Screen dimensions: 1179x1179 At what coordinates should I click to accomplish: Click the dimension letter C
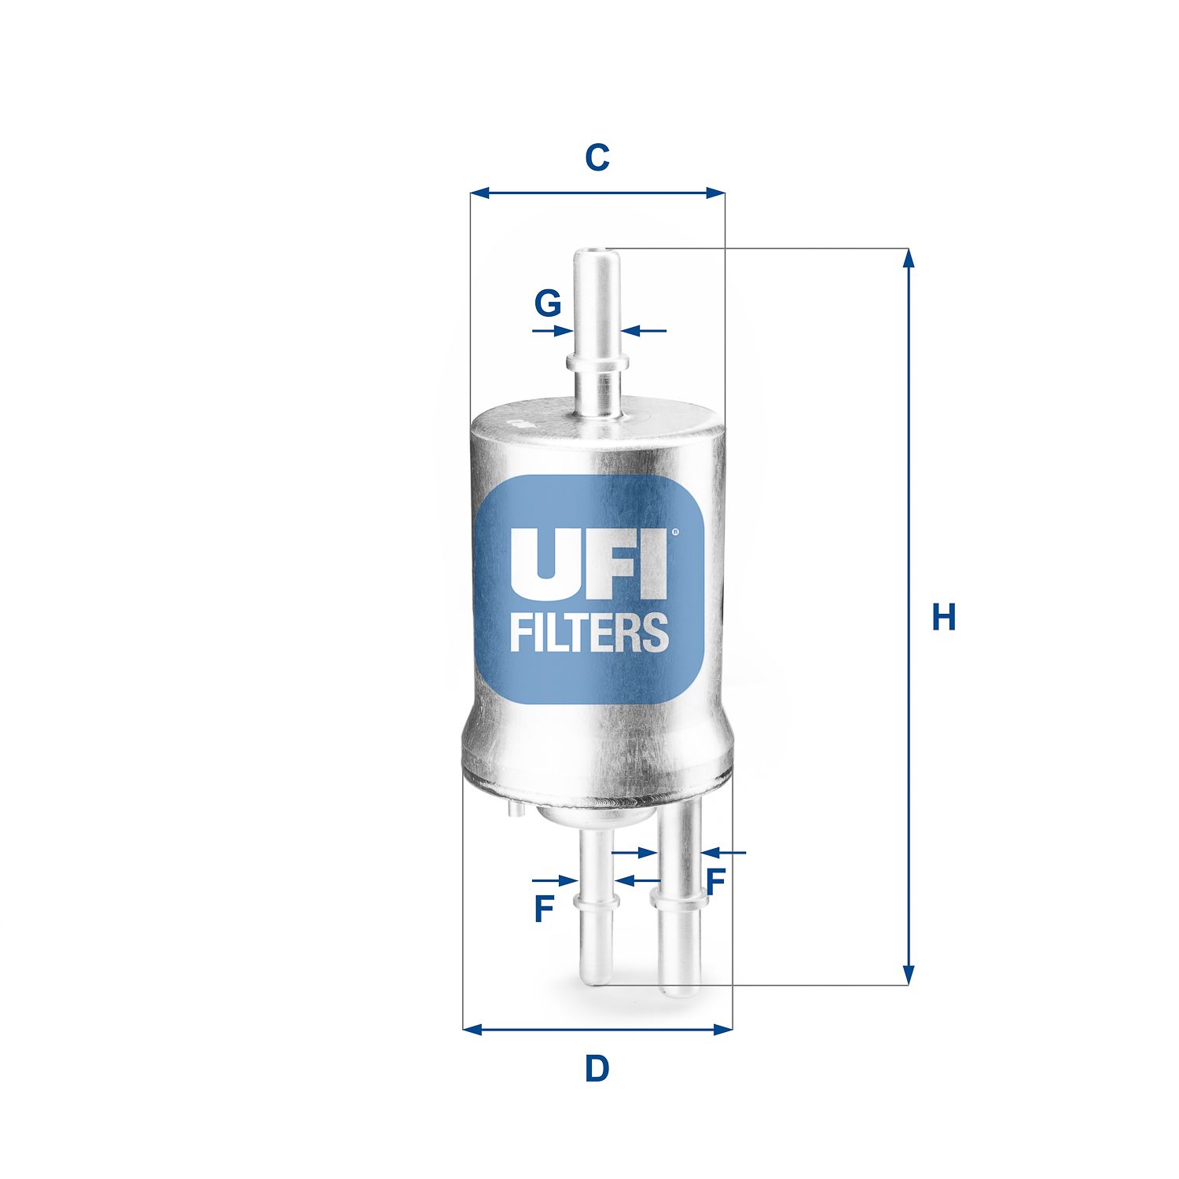tap(597, 158)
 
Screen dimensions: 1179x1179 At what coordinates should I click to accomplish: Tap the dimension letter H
tap(943, 617)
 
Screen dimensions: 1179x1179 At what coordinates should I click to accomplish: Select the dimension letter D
tap(597, 1069)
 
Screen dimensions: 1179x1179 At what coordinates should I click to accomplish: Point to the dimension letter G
tap(547, 303)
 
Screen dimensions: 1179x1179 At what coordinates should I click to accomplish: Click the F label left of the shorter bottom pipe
tap(544, 909)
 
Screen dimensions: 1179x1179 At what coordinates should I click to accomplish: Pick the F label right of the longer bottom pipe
tap(714, 882)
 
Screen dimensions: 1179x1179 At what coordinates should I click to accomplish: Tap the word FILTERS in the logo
tap(589, 633)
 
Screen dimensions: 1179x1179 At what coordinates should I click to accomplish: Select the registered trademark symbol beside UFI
tap(674, 533)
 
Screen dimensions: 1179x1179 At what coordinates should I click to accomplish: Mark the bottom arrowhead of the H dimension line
tap(909, 975)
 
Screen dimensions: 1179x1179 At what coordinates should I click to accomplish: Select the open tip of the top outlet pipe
tap(597, 254)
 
